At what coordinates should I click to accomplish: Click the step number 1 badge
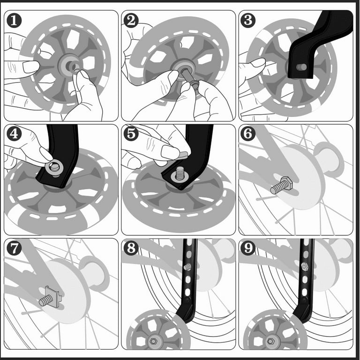pos(14,20)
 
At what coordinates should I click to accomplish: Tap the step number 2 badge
pos(131,20)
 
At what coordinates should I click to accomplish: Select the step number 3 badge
pos(248,20)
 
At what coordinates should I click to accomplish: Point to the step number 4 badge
pos(14,134)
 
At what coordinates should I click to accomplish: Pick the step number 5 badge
pos(131,134)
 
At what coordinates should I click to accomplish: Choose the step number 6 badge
pos(248,134)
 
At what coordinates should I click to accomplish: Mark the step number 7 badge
pos(14,248)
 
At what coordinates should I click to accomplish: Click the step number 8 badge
pos(131,248)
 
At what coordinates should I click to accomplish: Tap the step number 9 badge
pos(248,248)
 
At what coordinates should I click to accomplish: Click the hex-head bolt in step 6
pos(281,185)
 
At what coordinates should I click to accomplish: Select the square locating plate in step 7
pos(53,297)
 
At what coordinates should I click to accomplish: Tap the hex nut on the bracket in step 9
pos(304,267)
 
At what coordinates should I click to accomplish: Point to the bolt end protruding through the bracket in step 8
pos(187,267)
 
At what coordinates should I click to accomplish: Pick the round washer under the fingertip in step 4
pos(55,168)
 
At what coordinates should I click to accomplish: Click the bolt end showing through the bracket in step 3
pos(301,67)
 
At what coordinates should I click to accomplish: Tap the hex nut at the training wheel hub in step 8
pos(153,341)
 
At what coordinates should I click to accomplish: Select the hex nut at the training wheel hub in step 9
pos(270,341)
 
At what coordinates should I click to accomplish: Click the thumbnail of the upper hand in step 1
pos(31,67)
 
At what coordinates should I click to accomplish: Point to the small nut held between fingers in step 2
pos(195,85)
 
